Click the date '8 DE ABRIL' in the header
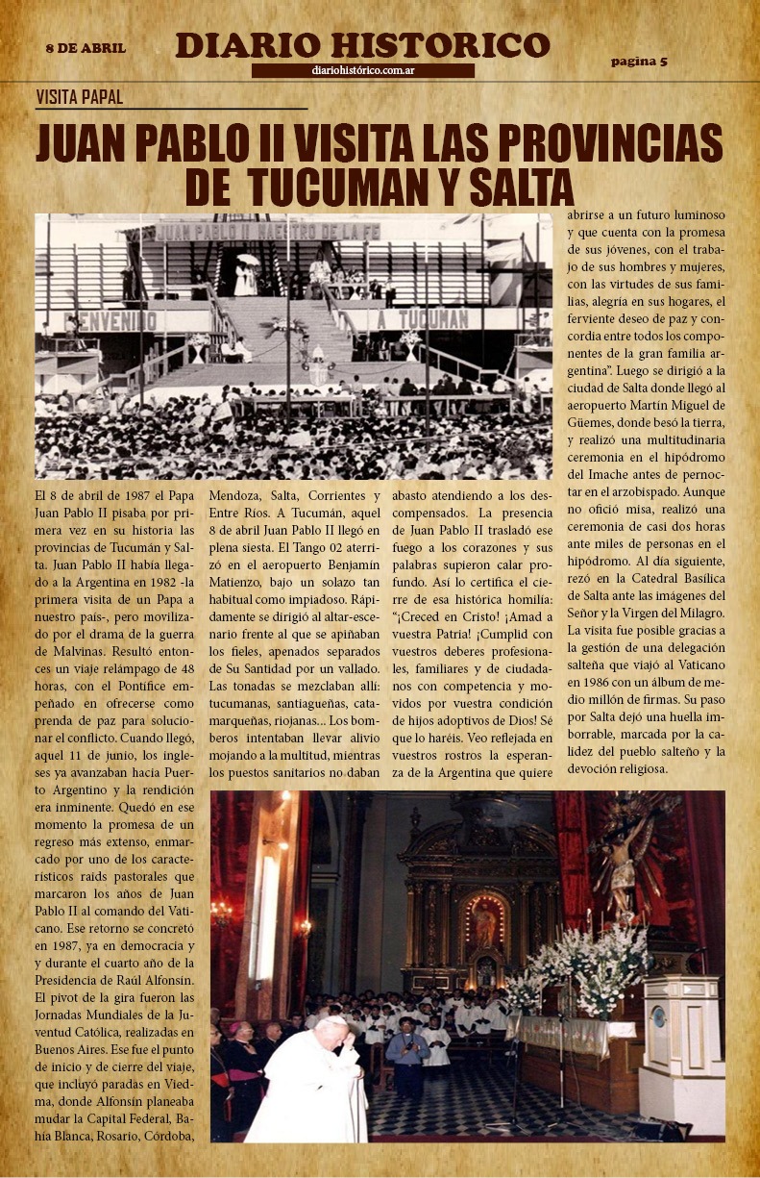pyautogui.click(x=86, y=48)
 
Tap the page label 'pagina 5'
pyautogui.click(x=639, y=62)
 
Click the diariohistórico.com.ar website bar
pyautogui.click(x=362, y=70)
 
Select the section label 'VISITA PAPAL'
pyautogui.click(x=79, y=97)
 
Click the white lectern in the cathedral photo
pyautogui.click(x=681, y=1048)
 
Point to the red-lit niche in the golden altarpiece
pyautogui.click(x=485, y=925)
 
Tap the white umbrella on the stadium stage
pyautogui.click(x=248, y=260)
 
